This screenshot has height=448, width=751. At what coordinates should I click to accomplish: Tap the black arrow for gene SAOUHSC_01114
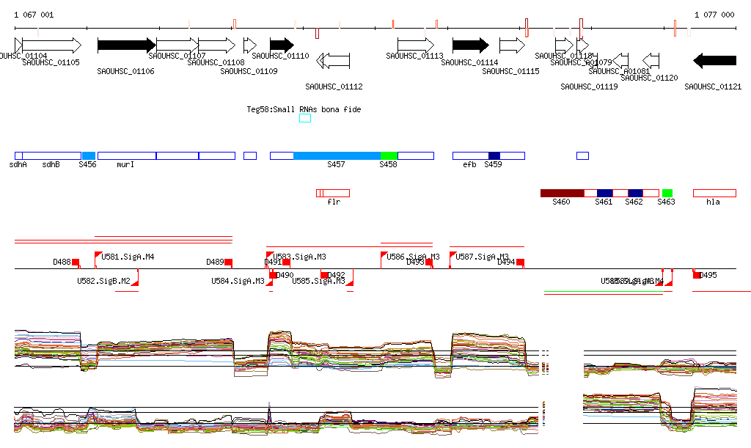[x=475, y=45]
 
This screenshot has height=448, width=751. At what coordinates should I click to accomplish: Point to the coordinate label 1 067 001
[x=34, y=15]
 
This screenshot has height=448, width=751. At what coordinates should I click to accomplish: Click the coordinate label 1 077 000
[x=714, y=15]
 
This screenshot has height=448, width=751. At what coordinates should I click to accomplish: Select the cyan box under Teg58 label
[x=305, y=119]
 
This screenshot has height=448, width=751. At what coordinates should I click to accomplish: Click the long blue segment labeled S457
[x=337, y=155]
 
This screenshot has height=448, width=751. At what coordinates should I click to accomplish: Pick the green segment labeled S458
[x=389, y=155]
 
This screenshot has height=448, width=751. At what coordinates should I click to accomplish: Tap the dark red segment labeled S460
[x=562, y=193]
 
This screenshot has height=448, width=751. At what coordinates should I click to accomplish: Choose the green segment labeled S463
[x=667, y=193]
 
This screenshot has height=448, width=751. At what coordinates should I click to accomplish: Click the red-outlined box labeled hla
[x=714, y=193]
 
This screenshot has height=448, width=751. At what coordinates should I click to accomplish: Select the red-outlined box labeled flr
[x=333, y=193]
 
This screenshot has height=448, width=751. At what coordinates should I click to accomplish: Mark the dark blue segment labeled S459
[x=494, y=155]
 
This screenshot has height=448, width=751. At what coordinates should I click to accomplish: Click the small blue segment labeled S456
[x=88, y=155]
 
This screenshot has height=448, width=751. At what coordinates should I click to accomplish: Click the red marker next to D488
[x=76, y=262]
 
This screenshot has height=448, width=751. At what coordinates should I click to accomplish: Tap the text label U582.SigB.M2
[x=103, y=281]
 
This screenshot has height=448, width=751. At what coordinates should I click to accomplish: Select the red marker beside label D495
[x=697, y=274]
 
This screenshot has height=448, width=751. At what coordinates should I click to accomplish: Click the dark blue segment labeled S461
[x=604, y=193]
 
